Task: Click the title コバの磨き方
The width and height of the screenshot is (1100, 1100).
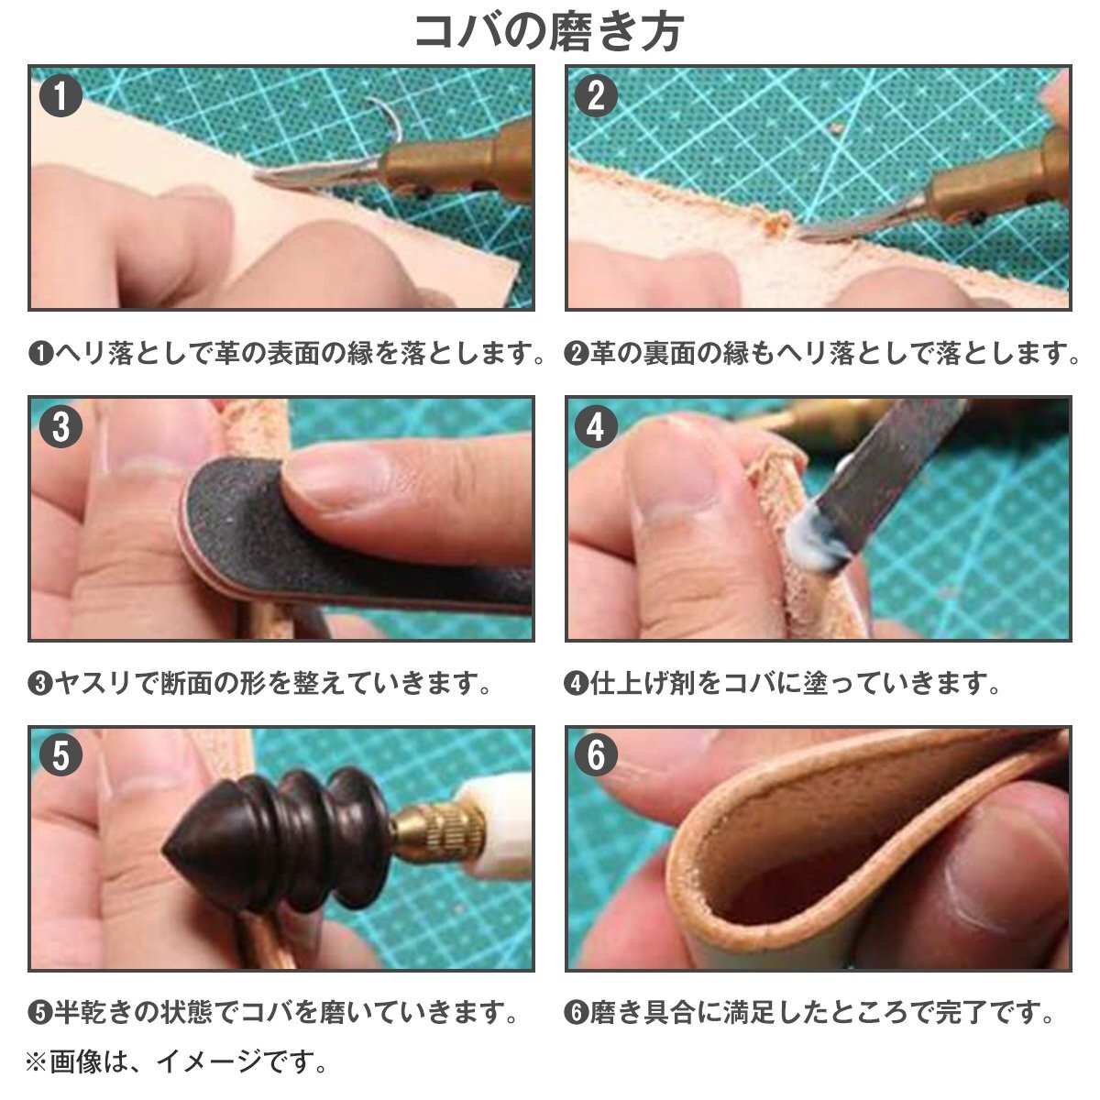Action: click(x=548, y=31)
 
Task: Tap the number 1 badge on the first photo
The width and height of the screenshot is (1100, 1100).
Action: click(x=60, y=96)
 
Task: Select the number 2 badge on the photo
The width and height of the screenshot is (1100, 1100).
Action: click(x=597, y=96)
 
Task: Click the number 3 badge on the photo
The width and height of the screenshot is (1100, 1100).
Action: click(x=60, y=426)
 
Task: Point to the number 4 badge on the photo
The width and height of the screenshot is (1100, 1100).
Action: click(x=597, y=426)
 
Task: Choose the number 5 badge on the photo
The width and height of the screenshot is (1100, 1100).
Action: click(x=60, y=755)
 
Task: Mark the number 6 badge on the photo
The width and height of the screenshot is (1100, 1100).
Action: click(x=597, y=755)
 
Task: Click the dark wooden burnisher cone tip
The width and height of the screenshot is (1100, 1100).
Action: click(x=166, y=852)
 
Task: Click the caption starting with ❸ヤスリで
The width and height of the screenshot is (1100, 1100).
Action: click(x=259, y=683)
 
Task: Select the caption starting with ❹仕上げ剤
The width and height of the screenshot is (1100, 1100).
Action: click(x=782, y=683)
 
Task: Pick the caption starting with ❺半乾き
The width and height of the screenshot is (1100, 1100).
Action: click(x=273, y=1012)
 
